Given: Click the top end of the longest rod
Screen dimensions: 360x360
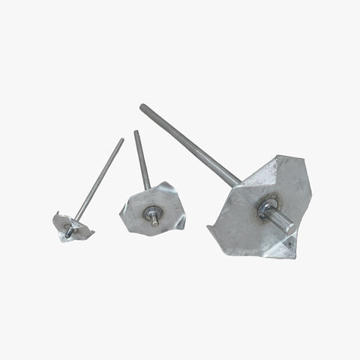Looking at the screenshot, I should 142,107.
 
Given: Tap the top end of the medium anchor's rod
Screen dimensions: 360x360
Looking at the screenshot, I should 136,133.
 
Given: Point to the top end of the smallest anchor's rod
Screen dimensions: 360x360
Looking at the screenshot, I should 122,139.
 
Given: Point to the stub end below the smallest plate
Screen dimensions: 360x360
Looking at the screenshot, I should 67,235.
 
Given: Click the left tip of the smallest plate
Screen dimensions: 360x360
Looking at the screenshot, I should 54,218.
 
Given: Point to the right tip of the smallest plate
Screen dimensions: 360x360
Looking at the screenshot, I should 94,233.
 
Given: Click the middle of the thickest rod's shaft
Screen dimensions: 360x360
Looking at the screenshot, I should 191,145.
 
